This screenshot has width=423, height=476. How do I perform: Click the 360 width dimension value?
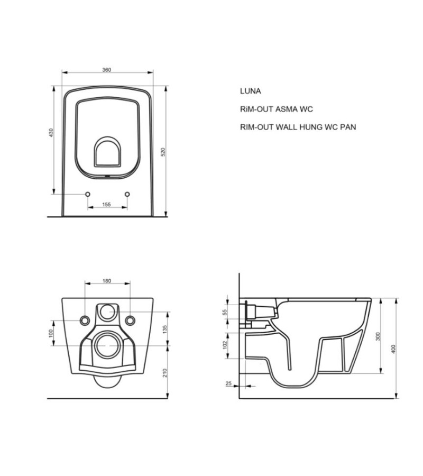tap(107, 69)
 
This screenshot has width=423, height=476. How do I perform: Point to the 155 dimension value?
tap(107, 204)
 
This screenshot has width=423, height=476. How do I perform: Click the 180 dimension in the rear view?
tap(107, 281)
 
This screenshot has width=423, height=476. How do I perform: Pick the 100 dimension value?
tap(51, 333)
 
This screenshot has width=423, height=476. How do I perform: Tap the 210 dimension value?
tap(165, 372)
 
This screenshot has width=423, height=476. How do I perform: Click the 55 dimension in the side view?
tap(225, 312)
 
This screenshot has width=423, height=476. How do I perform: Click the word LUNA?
tap(250, 91)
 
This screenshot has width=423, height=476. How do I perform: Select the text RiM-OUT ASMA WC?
tap(276, 109)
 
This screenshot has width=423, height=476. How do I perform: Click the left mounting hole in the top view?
tap(88, 194)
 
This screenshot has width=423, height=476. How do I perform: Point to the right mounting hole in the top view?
tap(127, 194)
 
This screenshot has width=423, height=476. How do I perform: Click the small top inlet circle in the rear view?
tap(107, 310)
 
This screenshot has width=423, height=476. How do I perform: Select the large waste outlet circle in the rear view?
tap(107, 346)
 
